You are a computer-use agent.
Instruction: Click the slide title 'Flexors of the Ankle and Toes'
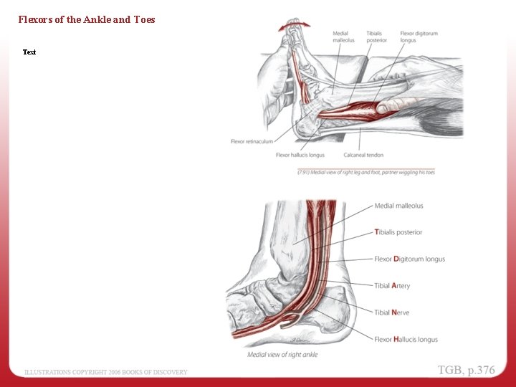[x=87, y=19]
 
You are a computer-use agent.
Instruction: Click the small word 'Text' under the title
[x=29, y=52]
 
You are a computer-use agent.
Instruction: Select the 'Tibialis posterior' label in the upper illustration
[x=376, y=37]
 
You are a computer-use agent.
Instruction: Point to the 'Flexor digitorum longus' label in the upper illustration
[x=419, y=37]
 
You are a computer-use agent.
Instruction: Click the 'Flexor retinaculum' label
[x=252, y=141]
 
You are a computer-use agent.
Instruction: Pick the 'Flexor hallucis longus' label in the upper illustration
[x=300, y=155]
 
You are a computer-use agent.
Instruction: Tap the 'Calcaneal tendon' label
[x=363, y=155]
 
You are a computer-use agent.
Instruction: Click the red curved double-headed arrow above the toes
[x=295, y=25]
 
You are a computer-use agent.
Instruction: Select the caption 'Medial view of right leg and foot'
[x=365, y=172]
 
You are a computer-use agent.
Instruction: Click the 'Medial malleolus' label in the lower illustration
[x=398, y=206]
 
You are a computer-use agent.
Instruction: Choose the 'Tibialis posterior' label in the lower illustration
[x=398, y=232]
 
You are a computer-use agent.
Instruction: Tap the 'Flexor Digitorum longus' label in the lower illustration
[x=409, y=259]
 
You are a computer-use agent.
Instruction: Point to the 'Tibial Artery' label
[x=392, y=286]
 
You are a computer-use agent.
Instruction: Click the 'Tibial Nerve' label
[x=391, y=312]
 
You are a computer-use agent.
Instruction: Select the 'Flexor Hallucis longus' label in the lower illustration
[x=406, y=339]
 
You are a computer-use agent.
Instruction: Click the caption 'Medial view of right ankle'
[x=282, y=355]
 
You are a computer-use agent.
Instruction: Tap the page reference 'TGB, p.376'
[x=467, y=370]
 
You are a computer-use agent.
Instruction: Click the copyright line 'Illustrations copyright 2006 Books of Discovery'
[x=106, y=372]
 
